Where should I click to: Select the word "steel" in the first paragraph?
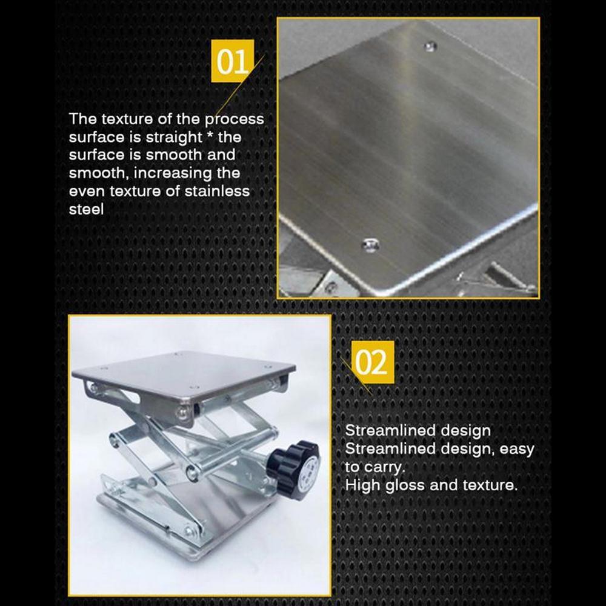coord(86,210)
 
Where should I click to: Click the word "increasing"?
coord(170,173)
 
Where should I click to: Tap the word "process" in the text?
coord(234,119)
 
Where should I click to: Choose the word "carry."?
coord(383,467)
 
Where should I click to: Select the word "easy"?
coord(517,449)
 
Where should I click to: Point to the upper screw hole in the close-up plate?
coord(430,46)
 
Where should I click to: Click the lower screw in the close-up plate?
coord(370,245)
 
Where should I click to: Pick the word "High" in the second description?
coord(363,485)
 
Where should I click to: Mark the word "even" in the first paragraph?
coord(85,191)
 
